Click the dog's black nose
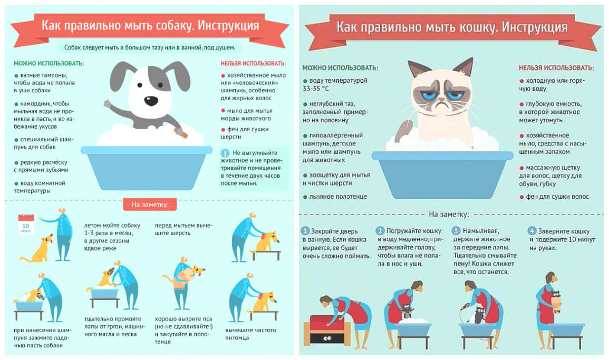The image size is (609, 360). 151,101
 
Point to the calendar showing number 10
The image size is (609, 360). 26,224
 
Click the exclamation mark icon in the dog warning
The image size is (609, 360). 225,153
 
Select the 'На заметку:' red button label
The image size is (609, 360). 150,205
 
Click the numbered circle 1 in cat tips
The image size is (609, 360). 305,231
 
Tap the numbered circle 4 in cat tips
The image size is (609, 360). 531,231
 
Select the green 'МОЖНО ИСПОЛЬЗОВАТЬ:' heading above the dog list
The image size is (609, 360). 49,63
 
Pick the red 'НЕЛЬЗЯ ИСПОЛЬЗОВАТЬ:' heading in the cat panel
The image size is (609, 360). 556,68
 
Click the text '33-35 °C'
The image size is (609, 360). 316,89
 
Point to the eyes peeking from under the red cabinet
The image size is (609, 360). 327,338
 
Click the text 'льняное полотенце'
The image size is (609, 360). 338,197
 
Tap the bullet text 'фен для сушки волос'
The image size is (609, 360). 557,197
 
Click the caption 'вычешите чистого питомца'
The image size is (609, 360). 250,334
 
